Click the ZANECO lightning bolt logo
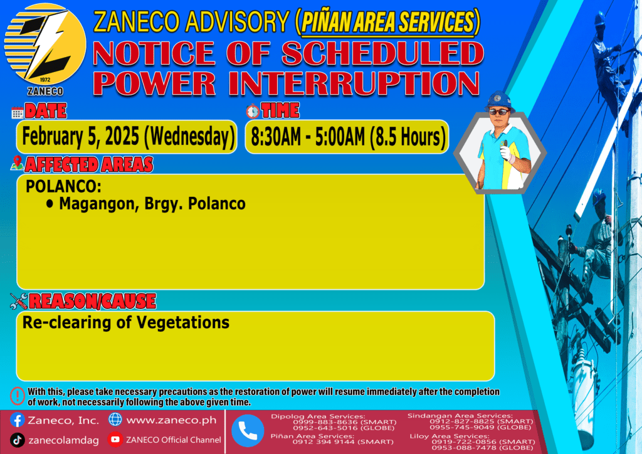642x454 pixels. (x=45, y=45)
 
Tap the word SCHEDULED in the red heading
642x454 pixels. (x=383, y=54)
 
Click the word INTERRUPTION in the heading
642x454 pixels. (x=354, y=83)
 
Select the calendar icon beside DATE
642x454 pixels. (x=17, y=113)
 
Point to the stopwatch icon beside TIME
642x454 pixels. (x=253, y=111)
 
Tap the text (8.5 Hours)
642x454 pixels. (x=408, y=137)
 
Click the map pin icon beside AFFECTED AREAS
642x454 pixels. (x=17, y=163)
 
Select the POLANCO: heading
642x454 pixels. (x=63, y=187)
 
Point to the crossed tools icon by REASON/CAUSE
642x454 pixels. (x=19, y=301)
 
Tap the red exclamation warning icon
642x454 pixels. (x=18, y=396)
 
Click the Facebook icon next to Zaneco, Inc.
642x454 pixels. (x=17, y=420)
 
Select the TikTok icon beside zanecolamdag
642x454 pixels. (x=17, y=440)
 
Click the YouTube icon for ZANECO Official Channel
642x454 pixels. (x=115, y=440)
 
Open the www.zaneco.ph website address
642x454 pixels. (x=172, y=420)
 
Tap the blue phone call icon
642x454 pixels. (x=248, y=431)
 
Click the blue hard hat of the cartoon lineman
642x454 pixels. (x=499, y=101)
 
